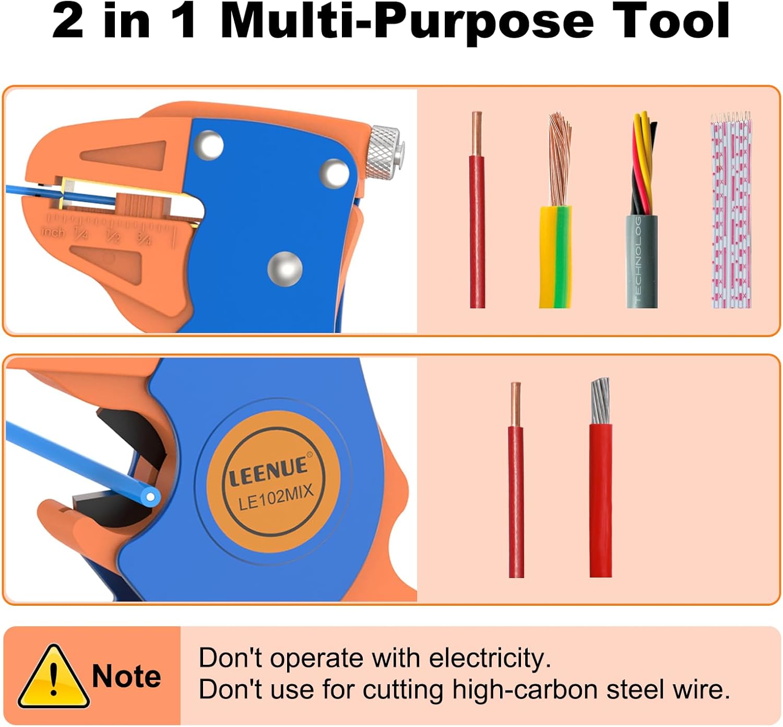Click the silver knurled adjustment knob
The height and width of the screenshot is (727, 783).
pos(384,153)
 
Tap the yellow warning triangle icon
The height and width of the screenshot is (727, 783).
pos(54,677)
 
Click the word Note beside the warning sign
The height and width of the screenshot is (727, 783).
pos(126,676)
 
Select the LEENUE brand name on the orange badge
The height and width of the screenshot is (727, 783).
pos(268,471)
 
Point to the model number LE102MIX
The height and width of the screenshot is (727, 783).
pos(276,498)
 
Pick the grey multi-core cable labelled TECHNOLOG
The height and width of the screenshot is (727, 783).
pos(642,210)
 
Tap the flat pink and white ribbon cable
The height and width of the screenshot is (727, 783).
pos(731,210)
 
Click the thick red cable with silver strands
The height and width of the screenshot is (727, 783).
pos(601,477)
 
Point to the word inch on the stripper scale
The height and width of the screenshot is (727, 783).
pos(53,232)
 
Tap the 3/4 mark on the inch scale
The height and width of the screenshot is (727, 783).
pos(144,238)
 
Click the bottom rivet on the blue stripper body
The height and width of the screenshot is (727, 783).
pos(285,269)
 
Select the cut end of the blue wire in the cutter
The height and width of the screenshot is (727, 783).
pos(150,497)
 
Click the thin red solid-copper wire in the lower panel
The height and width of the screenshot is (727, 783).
pos(516,480)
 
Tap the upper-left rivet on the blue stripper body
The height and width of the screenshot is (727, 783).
pos(209,145)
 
